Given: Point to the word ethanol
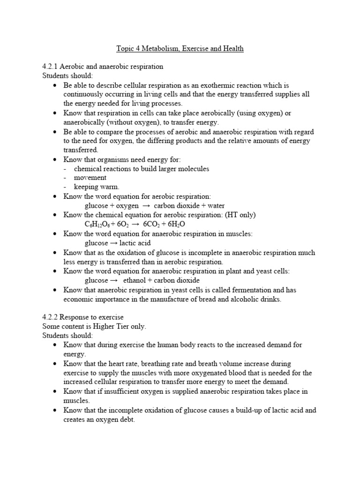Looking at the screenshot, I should (x=135, y=280).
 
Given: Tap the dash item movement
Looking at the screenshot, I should (x=90, y=178).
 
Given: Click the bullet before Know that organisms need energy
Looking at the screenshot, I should (x=55, y=160).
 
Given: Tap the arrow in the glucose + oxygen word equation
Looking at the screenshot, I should (x=147, y=206).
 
